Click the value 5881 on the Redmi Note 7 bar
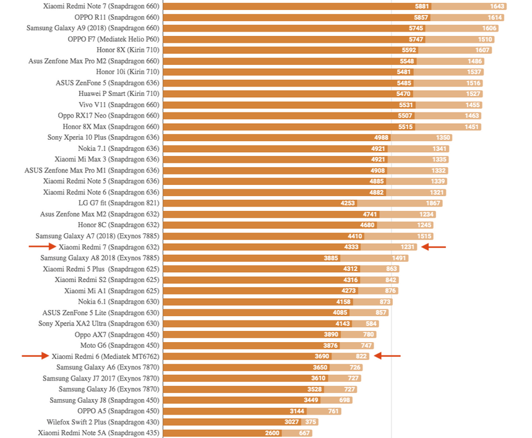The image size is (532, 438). point(421,6)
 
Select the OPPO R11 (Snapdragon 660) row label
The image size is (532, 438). point(117,17)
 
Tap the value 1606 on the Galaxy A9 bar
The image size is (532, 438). point(489,28)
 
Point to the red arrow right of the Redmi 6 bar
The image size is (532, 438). point(388,356)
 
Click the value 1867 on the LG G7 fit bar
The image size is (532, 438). point(432,203)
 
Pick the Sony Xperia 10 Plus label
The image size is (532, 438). point(103,137)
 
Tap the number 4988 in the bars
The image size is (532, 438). point(382,137)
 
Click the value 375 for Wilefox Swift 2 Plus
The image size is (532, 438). point(311,422)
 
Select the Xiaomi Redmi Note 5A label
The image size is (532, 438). point(98,433)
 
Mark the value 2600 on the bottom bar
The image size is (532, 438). point(272,433)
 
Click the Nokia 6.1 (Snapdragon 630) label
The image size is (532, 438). point(118,301)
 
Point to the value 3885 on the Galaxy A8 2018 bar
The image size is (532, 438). point(331,258)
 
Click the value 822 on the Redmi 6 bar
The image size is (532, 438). point(362,356)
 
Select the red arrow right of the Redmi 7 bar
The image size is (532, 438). point(433,247)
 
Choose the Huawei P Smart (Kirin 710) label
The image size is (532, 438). point(119,94)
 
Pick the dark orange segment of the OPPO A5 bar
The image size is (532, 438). point(235,411)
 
